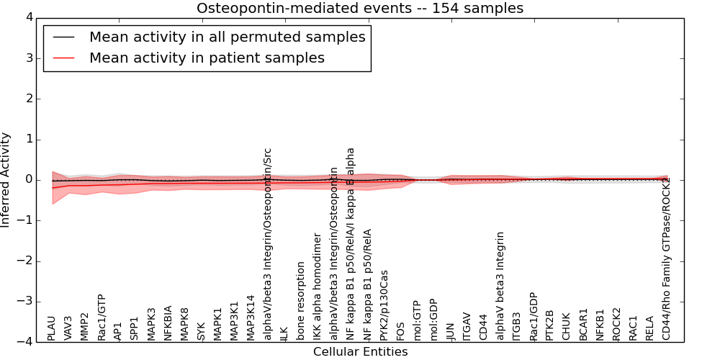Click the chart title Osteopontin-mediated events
coord(360,8)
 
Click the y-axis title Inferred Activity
coord(6,179)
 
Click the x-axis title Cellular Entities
coord(360,351)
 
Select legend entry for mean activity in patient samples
coord(207,58)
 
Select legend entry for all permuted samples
coord(227,37)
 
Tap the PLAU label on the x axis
coord(51,328)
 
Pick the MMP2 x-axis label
coord(85,326)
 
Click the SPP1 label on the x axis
coord(135,328)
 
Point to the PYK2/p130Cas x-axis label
coord(384,305)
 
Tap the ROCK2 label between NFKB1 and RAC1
coord(617,324)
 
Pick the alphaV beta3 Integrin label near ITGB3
coord(500,285)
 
